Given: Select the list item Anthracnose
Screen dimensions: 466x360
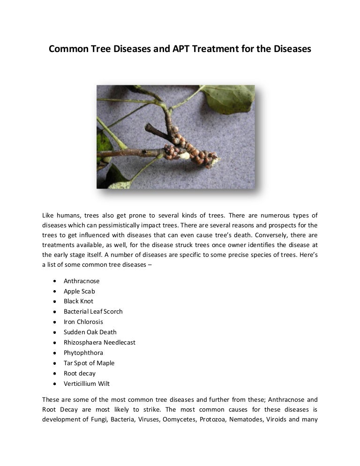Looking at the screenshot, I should point(82,281).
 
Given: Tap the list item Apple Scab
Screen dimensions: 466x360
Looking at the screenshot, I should point(79,291).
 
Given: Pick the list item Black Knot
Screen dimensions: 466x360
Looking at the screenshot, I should point(78,301).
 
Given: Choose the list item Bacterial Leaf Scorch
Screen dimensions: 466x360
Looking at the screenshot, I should point(93,312).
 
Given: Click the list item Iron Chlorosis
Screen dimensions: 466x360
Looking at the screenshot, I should point(83,322).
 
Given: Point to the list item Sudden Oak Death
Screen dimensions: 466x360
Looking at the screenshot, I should point(90,332).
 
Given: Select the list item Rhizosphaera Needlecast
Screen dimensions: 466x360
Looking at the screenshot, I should point(99,343).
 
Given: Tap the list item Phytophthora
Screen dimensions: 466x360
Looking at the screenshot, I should point(83,353).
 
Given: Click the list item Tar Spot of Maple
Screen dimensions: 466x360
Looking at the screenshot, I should point(89,363).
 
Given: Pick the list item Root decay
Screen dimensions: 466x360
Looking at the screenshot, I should point(80,374).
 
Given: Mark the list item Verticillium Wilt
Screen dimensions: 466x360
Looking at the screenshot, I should point(87,384).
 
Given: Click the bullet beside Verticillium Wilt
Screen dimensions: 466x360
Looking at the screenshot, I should point(55,384).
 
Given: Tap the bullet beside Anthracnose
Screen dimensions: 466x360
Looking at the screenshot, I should point(55,281).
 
